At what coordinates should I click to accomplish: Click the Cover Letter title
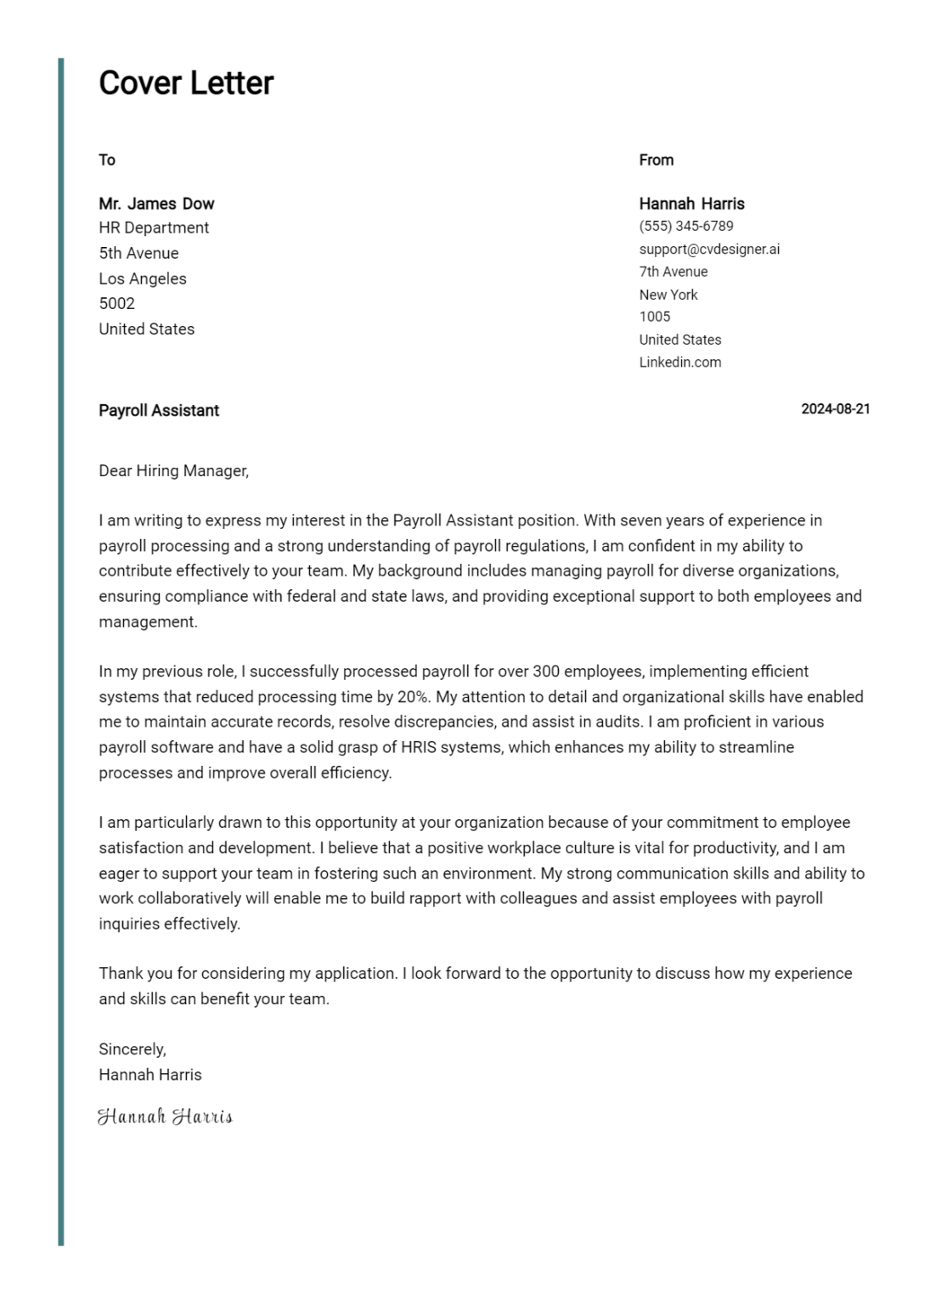[186, 83]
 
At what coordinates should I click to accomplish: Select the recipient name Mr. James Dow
[156, 204]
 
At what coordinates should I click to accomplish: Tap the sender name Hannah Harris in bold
[691, 204]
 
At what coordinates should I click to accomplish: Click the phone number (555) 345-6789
[685, 227]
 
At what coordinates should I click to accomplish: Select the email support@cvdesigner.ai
[708, 250]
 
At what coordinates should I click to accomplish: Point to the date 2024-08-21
[835, 409]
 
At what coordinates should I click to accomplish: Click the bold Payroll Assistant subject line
[159, 411]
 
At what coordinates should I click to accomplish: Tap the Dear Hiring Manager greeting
[173, 471]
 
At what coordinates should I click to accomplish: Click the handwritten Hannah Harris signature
[165, 1116]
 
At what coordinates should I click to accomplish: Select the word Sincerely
[132, 1049]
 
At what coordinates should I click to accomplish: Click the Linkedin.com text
[679, 363]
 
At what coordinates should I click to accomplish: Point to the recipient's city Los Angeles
[142, 278]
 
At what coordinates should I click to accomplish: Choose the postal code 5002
[116, 304]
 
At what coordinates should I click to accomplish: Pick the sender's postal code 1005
[654, 317]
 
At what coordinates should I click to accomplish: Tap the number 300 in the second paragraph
[545, 672]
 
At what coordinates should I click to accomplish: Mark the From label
[656, 160]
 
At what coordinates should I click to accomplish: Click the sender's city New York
[668, 295]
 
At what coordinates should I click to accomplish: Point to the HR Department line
[154, 228]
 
